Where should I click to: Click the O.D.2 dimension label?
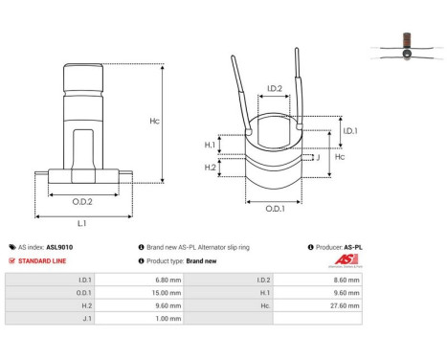point(81,202)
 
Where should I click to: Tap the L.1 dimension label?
point(82,223)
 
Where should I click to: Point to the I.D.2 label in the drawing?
point(274,89)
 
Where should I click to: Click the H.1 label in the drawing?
point(210,145)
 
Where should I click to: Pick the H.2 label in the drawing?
point(210,167)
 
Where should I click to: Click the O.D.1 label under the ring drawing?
point(274,210)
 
